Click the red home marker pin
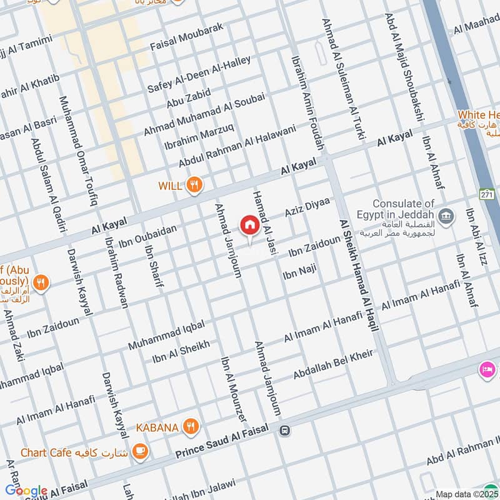tap(249, 226)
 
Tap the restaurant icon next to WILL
tap(195, 184)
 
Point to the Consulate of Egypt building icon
tap(446, 217)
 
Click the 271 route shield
tap(486, 194)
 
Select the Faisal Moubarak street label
tap(187, 38)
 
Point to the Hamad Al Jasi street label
tap(264, 213)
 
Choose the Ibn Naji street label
tap(300, 272)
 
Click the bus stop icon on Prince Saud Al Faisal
tap(285, 430)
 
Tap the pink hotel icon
tap(487, 370)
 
